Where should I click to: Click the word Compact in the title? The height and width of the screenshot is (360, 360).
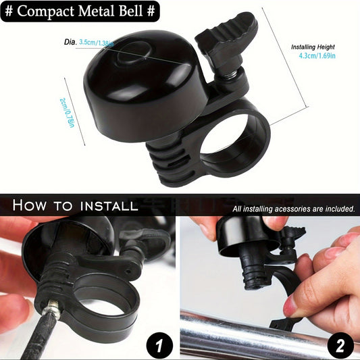click(x=46, y=11)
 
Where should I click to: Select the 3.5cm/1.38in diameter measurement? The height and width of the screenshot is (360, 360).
click(x=97, y=43)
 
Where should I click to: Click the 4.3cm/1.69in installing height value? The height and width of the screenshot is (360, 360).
click(x=317, y=56)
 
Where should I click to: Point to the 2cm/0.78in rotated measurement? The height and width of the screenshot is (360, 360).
click(x=68, y=113)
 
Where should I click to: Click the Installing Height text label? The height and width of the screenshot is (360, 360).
click(x=313, y=47)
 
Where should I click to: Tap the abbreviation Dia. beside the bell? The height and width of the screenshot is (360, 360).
click(x=70, y=43)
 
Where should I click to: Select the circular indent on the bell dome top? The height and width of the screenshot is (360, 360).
click(x=134, y=53)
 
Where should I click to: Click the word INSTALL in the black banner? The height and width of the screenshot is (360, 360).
click(x=109, y=206)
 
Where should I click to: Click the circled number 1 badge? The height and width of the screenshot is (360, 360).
click(x=159, y=346)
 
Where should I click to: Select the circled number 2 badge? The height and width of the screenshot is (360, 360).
click(x=340, y=346)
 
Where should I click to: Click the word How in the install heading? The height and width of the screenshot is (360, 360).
click(x=29, y=205)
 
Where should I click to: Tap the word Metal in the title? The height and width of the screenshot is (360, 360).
click(x=97, y=11)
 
